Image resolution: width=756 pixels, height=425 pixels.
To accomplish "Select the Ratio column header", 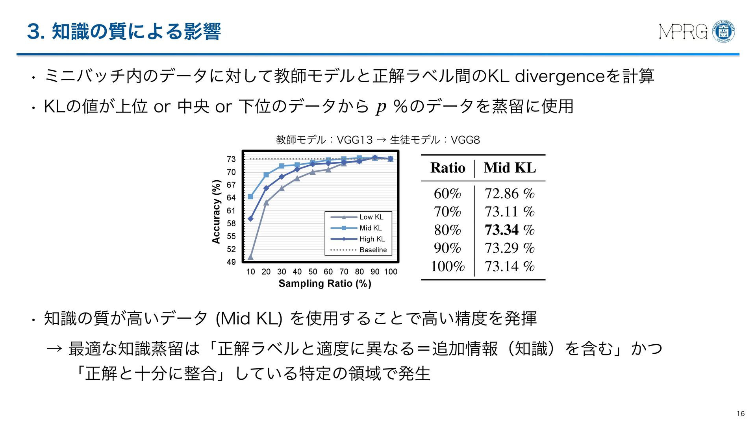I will (448, 168).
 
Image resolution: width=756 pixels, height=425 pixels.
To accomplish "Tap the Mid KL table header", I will (510, 168).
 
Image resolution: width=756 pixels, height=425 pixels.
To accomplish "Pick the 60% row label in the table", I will (447, 194).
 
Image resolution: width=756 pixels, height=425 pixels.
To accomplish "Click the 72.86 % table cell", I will (509, 194).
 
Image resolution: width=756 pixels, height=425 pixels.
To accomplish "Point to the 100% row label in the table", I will (447, 266).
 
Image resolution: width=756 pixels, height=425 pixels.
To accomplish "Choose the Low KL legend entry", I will (371, 217).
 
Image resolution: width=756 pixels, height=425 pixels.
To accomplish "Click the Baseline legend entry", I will (373, 250).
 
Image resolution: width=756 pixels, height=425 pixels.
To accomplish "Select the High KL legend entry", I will (372, 239).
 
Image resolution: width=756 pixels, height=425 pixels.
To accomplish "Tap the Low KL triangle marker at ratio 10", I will (251, 257).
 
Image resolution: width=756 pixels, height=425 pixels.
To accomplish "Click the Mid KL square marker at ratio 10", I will (251, 196).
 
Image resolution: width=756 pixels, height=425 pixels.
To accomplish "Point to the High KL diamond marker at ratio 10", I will (251, 218).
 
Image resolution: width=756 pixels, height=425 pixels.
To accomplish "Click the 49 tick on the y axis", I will (231, 262).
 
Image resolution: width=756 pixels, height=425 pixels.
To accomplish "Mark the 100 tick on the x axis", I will (391, 272).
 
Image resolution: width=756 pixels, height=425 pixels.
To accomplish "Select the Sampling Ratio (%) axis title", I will (325, 284).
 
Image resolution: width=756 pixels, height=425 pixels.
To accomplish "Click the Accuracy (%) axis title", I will (216, 212).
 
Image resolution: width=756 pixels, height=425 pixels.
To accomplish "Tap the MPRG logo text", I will (683, 32).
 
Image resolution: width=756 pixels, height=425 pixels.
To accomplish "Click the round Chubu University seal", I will (723, 31).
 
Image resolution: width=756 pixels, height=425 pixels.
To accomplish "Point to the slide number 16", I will (741, 414).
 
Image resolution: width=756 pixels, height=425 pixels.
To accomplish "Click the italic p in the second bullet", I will (381, 107).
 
